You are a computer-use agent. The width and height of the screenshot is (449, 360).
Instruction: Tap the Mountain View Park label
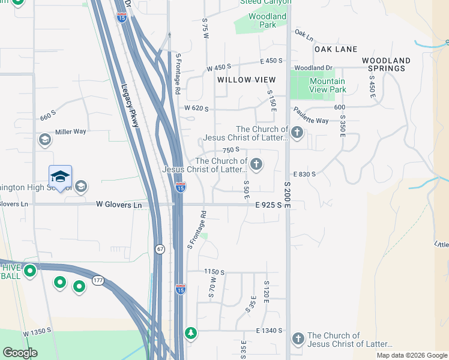[327, 85]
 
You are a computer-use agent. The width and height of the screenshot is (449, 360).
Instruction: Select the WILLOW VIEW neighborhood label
[247, 80]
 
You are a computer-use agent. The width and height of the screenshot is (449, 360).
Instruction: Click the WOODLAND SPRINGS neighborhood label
[386, 65]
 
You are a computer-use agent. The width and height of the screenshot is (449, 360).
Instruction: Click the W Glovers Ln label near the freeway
[119, 205]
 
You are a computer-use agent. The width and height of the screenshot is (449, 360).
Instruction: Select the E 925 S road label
[268, 205]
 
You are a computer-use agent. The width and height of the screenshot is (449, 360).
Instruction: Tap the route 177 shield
[98, 280]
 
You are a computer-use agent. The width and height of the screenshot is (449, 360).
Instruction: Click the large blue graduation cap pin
[60, 176]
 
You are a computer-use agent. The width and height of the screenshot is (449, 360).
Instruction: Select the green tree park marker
[191, 332]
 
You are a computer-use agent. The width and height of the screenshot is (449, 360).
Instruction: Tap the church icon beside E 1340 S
[297, 339]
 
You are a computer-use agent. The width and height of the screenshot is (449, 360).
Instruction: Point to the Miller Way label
[71, 131]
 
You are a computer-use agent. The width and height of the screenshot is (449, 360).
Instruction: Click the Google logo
[20, 353]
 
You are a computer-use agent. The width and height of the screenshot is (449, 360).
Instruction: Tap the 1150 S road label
[214, 272]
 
